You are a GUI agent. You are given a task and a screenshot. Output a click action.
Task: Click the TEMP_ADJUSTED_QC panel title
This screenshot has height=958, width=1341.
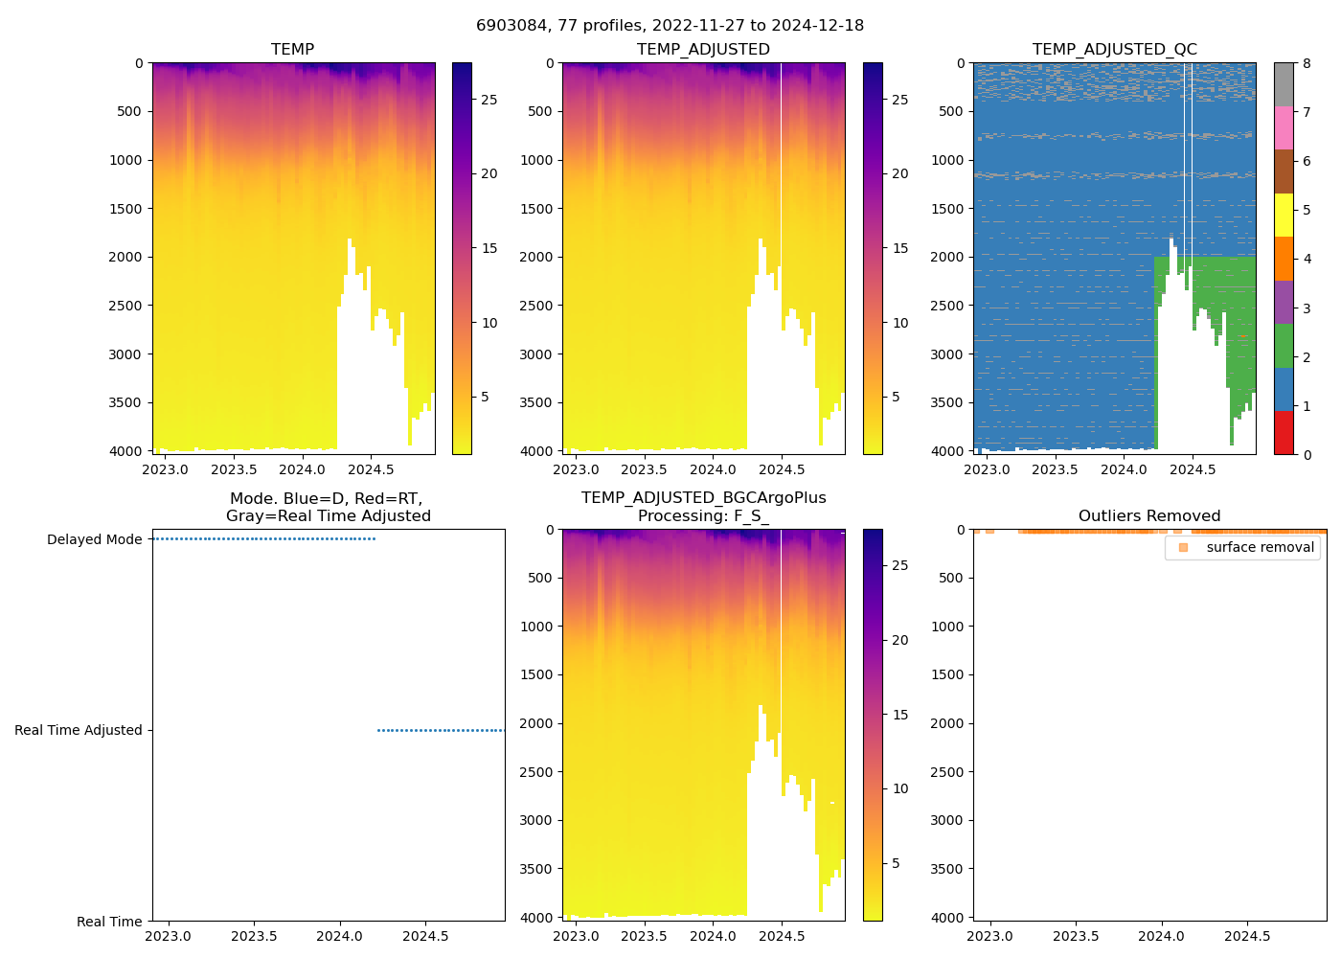point(1114,49)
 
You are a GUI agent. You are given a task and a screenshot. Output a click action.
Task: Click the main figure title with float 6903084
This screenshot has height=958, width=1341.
point(670,25)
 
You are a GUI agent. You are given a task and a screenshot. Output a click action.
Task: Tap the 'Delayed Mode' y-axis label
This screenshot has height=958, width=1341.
point(94,539)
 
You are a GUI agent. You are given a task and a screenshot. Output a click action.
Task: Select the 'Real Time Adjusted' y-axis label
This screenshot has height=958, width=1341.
point(79,730)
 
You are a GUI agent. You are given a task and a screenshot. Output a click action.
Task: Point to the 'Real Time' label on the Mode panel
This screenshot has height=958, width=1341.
point(109,922)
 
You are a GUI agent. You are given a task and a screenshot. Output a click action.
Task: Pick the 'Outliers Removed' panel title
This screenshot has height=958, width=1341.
point(1149,515)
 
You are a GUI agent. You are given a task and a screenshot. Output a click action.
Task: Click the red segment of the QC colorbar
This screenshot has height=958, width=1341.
point(1284,432)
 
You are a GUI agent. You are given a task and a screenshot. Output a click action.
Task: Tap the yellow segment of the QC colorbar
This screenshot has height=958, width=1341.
point(1284,215)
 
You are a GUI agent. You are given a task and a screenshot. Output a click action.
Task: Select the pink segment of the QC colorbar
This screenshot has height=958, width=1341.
point(1284,127)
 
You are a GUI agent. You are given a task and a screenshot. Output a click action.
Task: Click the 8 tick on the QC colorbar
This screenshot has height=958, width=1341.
point(1307,63)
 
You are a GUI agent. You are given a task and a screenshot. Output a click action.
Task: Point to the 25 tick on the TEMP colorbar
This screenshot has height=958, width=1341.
point(489,100)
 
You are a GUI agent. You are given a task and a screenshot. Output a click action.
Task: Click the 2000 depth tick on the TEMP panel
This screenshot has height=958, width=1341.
point(125,257)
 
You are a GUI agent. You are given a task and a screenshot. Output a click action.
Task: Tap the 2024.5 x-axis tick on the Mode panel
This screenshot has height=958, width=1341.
point(425,936)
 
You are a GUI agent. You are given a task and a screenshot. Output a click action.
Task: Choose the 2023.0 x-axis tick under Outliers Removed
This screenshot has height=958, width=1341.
point(990,936)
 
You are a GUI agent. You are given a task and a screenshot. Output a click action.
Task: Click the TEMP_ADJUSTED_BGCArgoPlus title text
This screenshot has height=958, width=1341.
point(703,498)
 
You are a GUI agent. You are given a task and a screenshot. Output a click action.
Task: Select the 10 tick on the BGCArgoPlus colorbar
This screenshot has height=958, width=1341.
point(900,788)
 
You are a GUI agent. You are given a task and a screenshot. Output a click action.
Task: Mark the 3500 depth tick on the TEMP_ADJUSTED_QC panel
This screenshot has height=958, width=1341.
point(947,402)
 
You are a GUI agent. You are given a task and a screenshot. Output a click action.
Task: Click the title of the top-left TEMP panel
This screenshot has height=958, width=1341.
point(292,49)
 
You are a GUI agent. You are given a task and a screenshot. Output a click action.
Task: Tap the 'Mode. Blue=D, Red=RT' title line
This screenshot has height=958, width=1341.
point(326,498)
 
